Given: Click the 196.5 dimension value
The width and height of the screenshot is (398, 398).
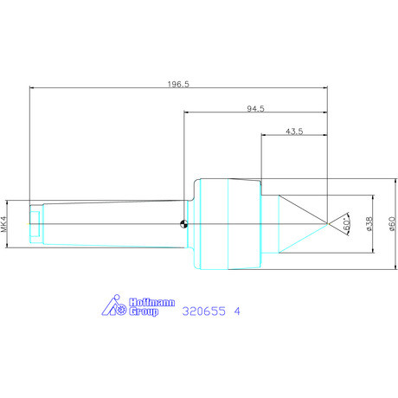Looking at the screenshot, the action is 178,84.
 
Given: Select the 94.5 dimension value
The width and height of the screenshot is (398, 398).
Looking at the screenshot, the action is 255,109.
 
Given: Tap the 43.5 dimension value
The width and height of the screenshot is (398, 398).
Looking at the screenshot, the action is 294,132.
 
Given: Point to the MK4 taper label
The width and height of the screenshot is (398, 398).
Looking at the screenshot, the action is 3,224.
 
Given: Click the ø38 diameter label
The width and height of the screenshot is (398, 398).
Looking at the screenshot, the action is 369,224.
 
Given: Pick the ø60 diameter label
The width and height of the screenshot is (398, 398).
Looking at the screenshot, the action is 392,224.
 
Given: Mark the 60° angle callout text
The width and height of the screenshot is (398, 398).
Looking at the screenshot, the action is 347,224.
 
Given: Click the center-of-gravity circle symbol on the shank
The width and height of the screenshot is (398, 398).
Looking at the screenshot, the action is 183,224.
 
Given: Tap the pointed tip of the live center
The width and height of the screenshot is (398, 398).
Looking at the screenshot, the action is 327,223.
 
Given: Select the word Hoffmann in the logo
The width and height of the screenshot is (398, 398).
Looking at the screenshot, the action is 151,302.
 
